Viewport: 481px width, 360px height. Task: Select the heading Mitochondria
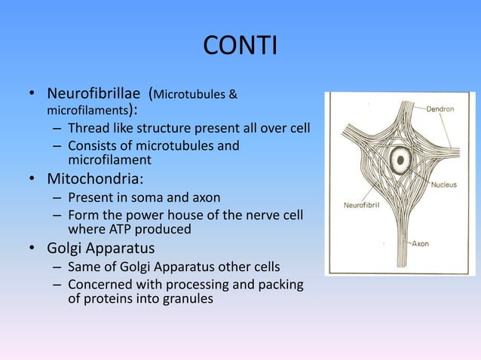click(94, 180)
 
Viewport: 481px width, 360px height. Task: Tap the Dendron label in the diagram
click(440, 109)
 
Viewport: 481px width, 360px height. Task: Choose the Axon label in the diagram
click(441, 244)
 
